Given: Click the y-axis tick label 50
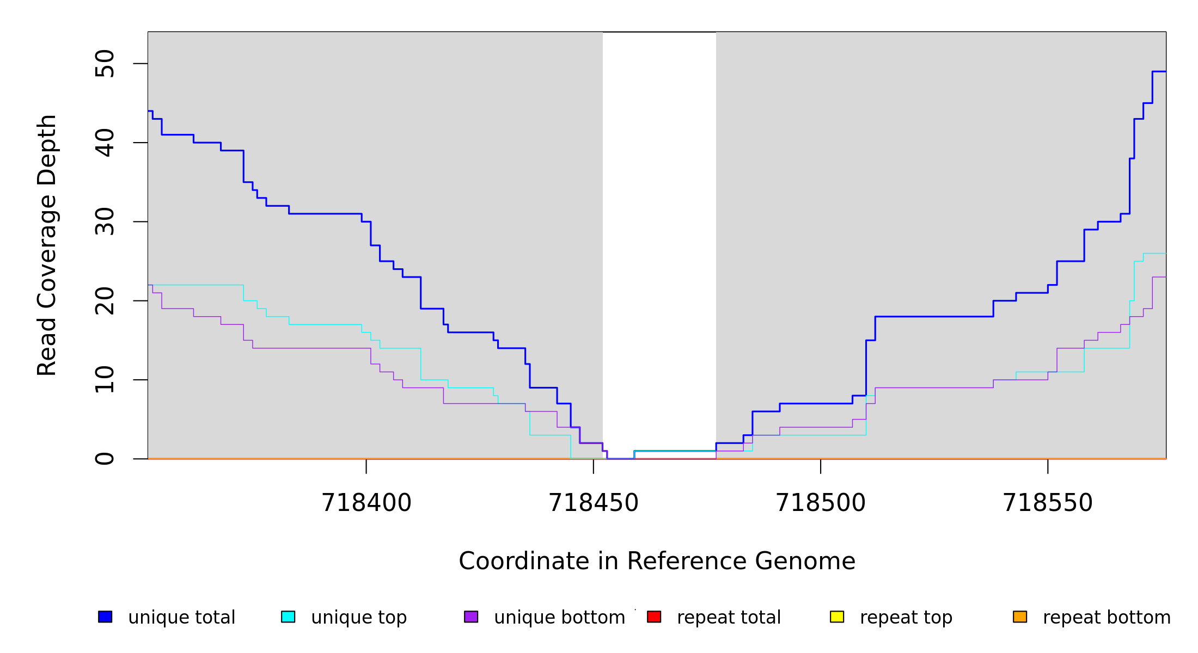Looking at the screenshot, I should pyautogui.click(x=105, y=64).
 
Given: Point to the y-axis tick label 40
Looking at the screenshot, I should pyautogui.click(x=105, y=143).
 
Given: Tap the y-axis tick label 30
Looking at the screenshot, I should pyautogui.click(x=105, y=221).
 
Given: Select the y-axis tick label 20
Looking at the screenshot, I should pyautogui.click(x=105, y=301).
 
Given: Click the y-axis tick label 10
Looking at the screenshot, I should pyautogui.click(x=105, y=380).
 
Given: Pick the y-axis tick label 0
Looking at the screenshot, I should pyautogui.click(x=105, y=459).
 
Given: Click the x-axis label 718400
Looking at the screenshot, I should pyautogui.click(x=366, y=503).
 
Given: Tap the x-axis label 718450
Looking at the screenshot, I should pyautogui.click(x=593, y=503).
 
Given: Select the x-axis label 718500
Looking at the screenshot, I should pyautogui.click(x=820, y=503).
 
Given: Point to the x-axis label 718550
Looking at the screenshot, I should pyautogui.click(x=1047, y=503).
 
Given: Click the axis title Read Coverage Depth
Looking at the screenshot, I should pyautogui.click(x=47, y=245).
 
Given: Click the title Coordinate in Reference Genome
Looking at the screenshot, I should pyautogui.click(x=657, y=561).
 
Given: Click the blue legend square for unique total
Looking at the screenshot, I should pyautogui.click(x=105, y=617).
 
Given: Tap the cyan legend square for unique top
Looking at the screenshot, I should pyautogui.click(x=288, y=617).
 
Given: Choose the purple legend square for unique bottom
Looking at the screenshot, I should pyautogui.click(x=471, y=617).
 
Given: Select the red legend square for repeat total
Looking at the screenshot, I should pyautogui.click(x=654, y=617).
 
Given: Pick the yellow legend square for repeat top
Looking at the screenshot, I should pyautogui.click(x=837, y=617).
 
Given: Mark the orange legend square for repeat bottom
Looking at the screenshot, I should pyautogui.click(x=1020, y=617).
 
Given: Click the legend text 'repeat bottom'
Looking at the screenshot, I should pyautogui.click(x=1107, y=618).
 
